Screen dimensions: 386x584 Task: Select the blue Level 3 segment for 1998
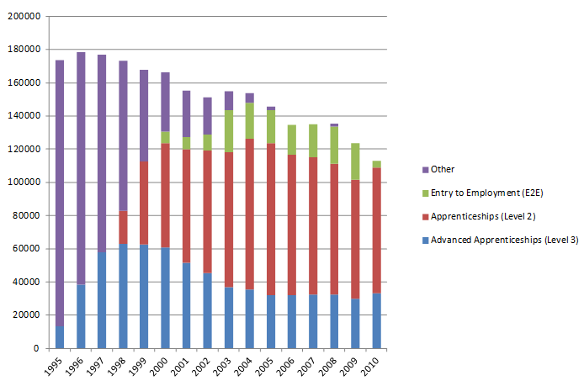[123, 295]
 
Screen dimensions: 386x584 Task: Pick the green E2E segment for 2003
[229, 131]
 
